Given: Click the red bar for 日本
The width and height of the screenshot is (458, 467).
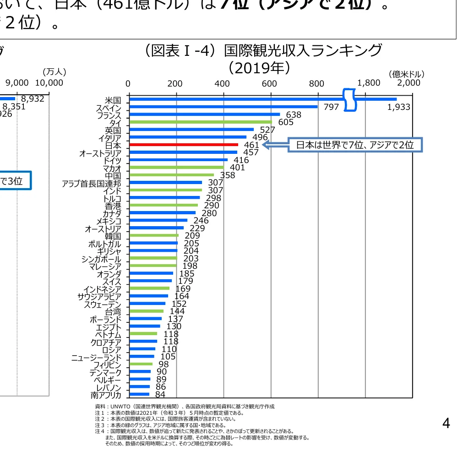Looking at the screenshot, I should pos(183,145).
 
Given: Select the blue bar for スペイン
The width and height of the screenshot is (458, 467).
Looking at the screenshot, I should pos(224,107).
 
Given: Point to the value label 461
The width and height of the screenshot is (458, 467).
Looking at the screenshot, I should pos(251,145).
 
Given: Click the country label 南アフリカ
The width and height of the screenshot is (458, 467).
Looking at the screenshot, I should pos(106,395).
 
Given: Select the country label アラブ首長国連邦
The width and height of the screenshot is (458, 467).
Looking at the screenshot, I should pos(92,183).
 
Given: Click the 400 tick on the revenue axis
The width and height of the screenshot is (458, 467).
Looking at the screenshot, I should pos(222,83).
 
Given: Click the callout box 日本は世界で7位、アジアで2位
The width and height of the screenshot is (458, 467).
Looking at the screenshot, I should pos(354,145).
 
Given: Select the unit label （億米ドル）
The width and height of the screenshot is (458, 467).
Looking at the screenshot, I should pos(406,74).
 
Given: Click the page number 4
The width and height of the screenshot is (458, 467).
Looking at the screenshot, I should pos(446,424).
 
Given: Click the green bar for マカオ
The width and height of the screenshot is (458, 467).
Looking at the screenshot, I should pos(176,168).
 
